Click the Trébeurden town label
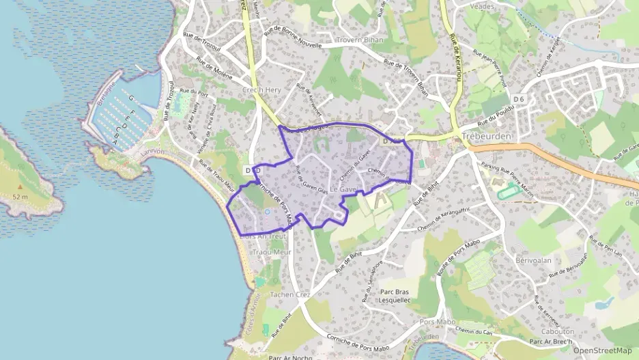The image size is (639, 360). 487,135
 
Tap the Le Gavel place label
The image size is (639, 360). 344,189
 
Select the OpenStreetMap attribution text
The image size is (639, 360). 602,350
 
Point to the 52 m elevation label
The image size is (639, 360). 19,197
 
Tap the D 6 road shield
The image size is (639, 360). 520,100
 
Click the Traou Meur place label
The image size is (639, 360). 272,252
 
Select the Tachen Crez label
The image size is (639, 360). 290,294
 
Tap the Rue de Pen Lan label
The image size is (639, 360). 606,247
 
